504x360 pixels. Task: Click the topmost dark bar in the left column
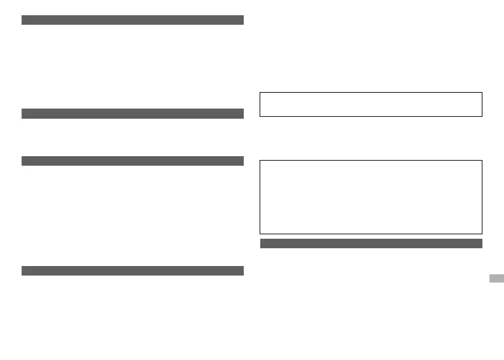coord(133,20)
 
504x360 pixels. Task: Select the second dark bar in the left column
coord(133,114)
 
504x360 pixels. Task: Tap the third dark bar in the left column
coord(133,161)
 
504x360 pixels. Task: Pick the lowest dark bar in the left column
coord(133,270)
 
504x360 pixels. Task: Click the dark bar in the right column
coord(371,243)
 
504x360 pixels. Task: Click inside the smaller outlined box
coord(371,105)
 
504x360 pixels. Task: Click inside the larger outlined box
coord(371,197)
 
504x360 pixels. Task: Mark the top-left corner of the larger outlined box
coord(260,160)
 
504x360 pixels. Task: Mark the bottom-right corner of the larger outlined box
coord(482,234)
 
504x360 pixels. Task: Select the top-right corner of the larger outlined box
coord(482,160)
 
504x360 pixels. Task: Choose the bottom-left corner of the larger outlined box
coord(260,234)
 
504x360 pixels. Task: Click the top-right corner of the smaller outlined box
coord(482,93)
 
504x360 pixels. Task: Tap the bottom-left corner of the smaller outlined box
coord(260,116)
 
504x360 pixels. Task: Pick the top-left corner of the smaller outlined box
coord(260,93)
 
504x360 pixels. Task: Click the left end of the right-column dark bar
coord(262,243)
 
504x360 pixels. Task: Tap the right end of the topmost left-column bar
coord(243,20)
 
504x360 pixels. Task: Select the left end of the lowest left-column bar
coord(23,270)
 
